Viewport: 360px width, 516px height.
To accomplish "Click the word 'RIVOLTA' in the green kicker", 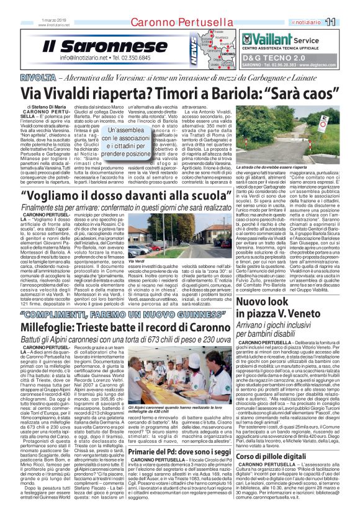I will [x=35, y=76].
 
